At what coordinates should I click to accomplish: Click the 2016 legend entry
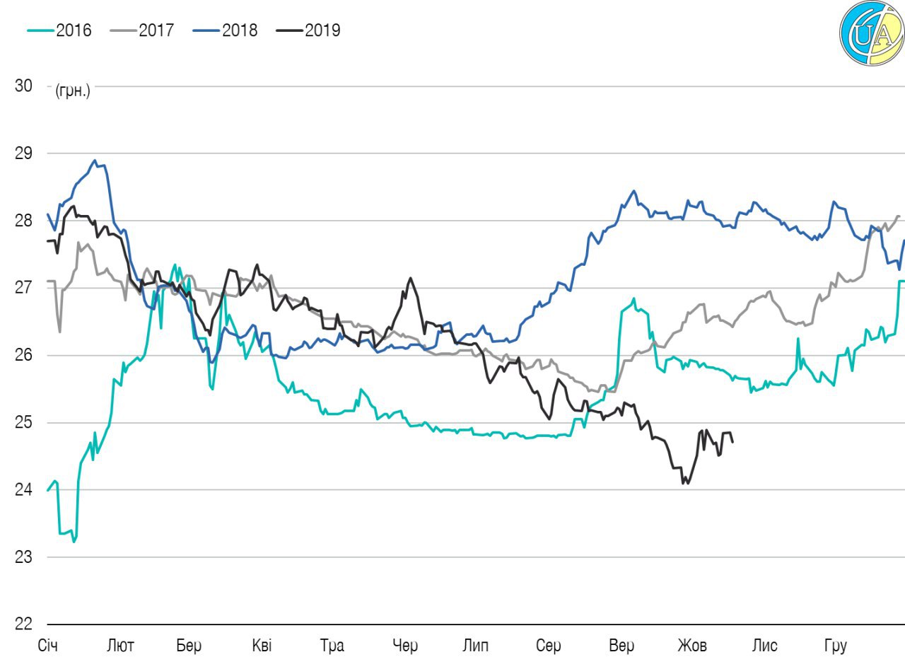tap(61, 30)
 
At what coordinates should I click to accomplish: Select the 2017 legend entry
tap(144, 30)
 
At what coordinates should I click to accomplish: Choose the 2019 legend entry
tap(309, 30)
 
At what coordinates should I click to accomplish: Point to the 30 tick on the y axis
tap(23, 86)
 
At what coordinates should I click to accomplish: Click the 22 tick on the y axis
tap(23, 624)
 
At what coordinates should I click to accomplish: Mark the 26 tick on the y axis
tap(23, 355)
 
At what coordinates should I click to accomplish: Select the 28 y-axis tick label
tap(23, 221)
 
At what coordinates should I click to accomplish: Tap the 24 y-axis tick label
tap(23, 489)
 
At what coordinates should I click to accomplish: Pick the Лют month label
tap(120, 646)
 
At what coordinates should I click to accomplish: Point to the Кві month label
tap(261, 646)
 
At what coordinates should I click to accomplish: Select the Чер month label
tap(405, 646)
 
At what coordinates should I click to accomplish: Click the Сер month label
tap(548, 646)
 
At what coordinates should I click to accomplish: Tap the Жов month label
tap(692, 646)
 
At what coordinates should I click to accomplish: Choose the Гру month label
tap(835, 646)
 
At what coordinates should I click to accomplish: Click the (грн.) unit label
tap(73, 91)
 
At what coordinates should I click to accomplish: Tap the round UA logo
tap(871, 35)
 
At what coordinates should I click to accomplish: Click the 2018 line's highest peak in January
tap(95, 161)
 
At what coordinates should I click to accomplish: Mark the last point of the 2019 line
tap(732, 442)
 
